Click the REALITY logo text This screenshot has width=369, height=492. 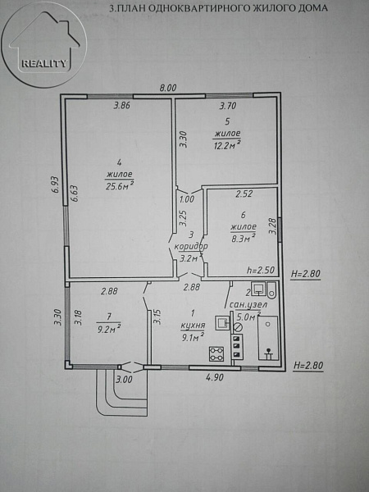(x=44, y=64)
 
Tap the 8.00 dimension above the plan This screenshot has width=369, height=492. (x=168, y=88)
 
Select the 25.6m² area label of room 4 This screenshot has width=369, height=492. (x=120, y=186)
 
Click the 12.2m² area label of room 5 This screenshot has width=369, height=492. (x=227, y=144)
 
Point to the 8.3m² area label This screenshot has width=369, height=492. (x=243, y=238)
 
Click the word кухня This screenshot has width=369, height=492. (x=193, y=325)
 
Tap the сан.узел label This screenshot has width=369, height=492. (x=248, y=305)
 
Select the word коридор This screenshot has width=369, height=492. (x=191, y=247)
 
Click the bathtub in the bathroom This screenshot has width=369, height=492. (x=268, y=338)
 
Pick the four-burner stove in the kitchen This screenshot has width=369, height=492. (x=216, y=354)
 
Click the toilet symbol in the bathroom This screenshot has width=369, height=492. (x=271, y=290)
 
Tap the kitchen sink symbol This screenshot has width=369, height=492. (x=222, y=323)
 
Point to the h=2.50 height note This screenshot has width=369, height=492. (x=261, y=270)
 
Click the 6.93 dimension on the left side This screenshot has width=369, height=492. (x=56, y=185)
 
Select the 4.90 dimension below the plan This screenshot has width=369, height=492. (x=215, y=377)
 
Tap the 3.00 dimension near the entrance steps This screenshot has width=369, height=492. (x=124, y=380)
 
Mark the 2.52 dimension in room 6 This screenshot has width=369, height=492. (x=244, y=194)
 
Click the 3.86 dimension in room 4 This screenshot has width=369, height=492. (x=121, y=106)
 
